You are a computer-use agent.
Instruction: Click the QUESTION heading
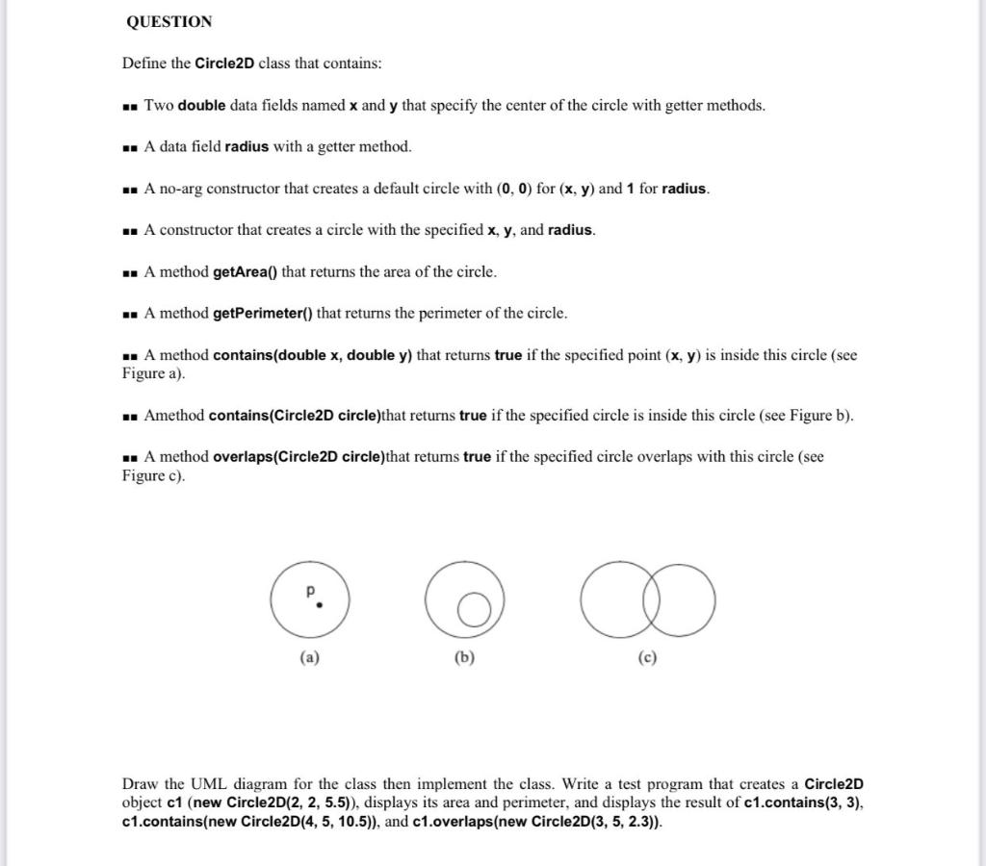point(169,21)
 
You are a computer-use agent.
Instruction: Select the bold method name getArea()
point(245,272)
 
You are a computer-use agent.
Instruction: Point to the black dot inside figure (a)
point(320,606)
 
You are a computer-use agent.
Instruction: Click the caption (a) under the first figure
point(309,659)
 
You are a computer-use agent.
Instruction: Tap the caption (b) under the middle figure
point(464,659)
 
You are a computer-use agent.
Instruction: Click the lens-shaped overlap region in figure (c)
point(648,599)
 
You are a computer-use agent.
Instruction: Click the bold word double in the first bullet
point(201,106)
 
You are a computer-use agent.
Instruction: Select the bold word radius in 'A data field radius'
point(246,147)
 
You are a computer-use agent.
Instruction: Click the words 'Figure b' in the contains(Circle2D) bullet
point(818,416)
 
